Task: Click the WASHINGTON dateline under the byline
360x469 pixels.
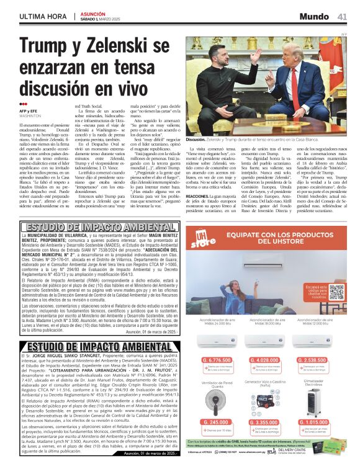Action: click(32, 116)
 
